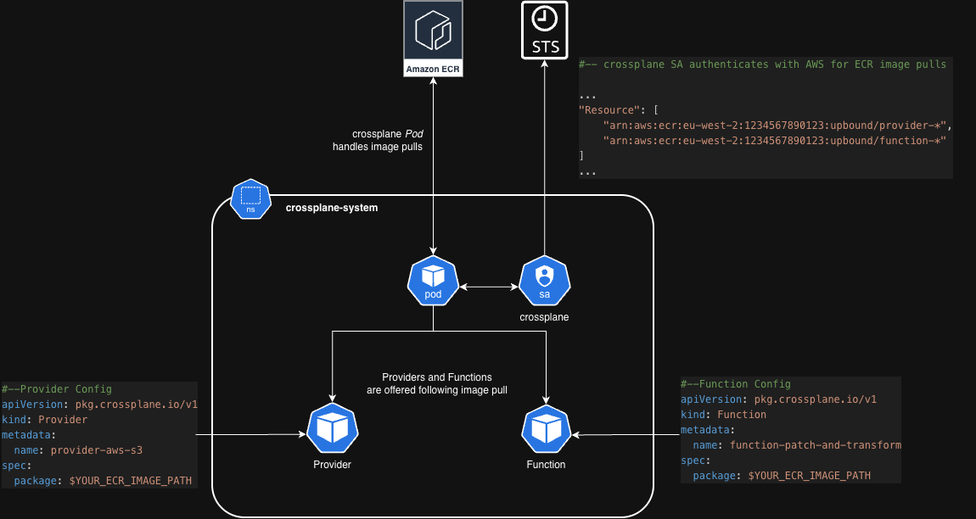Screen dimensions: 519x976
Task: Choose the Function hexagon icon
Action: click(547, 429)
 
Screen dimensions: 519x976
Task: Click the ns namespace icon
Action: click(250, 199)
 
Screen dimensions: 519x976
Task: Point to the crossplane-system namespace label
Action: click(332, 208)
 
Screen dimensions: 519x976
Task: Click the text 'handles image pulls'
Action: click(377, 147)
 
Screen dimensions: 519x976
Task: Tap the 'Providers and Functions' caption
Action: click(437, 377)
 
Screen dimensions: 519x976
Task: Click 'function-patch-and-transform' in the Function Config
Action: click(814, 444)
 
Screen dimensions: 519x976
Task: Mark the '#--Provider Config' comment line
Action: click(57, 388)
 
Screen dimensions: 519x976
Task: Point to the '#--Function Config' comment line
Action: click(736, 384)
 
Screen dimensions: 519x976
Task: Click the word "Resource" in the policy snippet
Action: click(608, 110)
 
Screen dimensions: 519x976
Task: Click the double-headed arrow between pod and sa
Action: click(489, 288)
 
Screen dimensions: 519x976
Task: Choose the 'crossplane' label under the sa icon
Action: click(544, 317)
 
